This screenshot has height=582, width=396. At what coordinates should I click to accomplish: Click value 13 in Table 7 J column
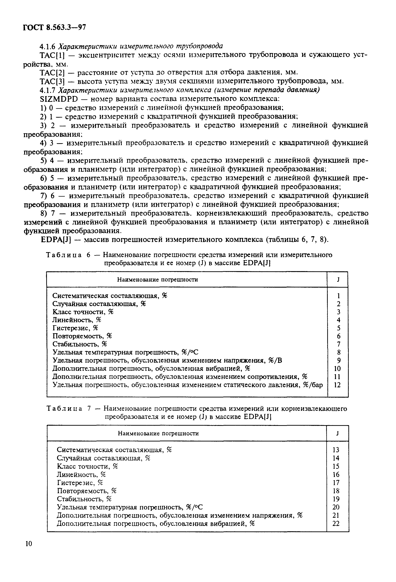pos(336,450)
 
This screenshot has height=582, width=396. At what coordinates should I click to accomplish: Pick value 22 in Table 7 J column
pos(336,523)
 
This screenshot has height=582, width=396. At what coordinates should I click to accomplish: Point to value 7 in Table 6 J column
pos(338,344)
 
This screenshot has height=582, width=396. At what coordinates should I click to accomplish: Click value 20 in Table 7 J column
pos(336,507)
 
